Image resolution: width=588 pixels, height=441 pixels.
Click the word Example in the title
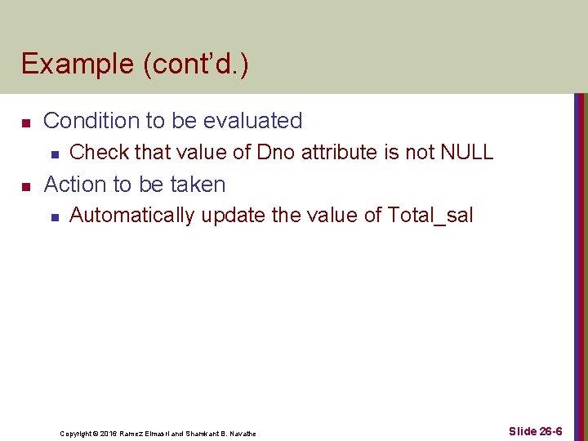[x=78, y=65]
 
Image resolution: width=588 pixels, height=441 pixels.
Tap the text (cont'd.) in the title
[x=196, y=65]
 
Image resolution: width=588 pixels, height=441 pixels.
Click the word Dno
[x=277, y=152]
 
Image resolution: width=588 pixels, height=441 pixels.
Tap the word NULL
[x=467, y=152]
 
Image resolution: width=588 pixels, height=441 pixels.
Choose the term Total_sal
[x=430, y=216]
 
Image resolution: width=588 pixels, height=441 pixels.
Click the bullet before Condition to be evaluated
[x=25, y=122]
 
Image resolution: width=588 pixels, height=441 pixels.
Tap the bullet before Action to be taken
[x=25, y=186]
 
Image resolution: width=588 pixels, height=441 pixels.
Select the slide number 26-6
[x=548, y=431]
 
